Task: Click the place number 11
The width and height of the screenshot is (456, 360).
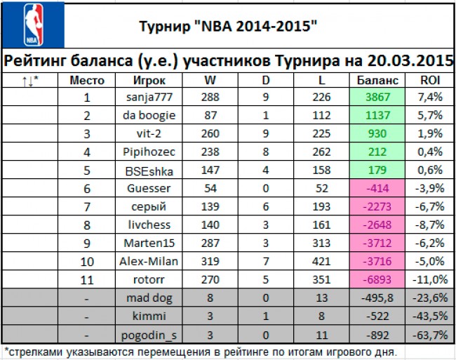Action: point(88,279)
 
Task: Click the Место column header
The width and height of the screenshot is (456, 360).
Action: point(88,79)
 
